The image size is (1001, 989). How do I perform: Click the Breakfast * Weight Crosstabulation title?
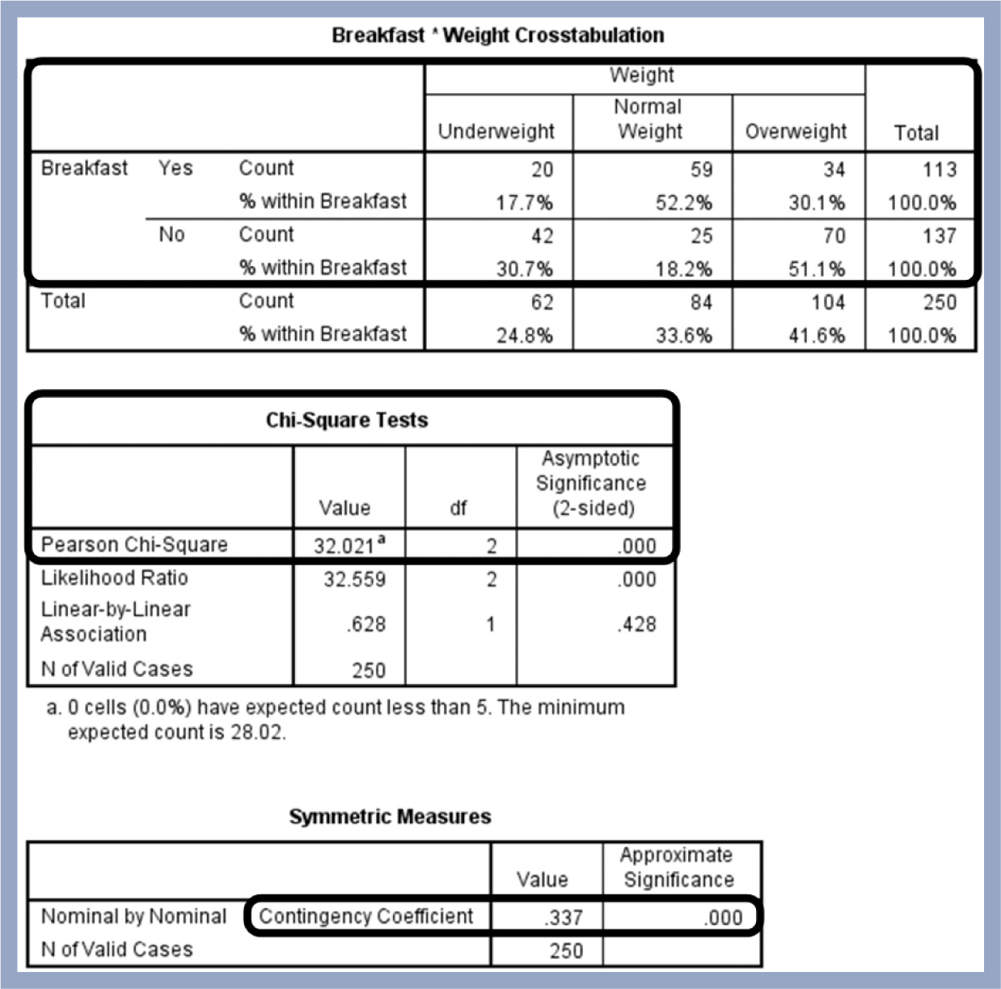498,36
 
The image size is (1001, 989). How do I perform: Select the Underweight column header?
496,132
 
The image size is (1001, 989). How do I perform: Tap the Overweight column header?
796,132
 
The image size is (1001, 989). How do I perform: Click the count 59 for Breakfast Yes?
701,170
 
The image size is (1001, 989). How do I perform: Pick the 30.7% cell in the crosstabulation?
524,268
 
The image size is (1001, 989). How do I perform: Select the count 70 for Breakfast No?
834,236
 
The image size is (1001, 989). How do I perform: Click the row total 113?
939,170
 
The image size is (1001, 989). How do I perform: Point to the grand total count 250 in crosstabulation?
939,302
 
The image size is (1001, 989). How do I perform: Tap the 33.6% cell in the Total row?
683,335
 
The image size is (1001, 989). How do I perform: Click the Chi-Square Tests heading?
347,421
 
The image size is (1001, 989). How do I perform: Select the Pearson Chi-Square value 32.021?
344,547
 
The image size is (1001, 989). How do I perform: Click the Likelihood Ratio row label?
114,578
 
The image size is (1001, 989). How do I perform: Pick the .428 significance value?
637,624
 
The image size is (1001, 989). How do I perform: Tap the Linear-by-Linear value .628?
366,624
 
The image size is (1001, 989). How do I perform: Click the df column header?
458,509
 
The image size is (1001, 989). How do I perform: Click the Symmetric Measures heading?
390,817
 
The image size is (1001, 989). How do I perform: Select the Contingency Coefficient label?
365,916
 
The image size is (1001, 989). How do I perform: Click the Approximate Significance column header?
678,868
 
